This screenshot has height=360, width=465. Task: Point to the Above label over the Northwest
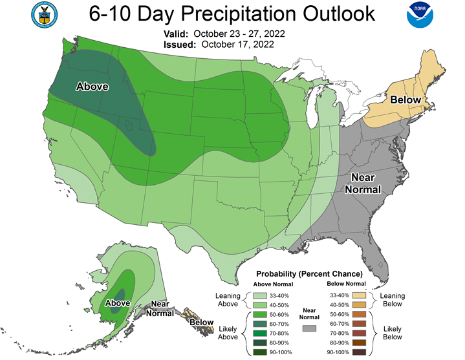tap(92, 87)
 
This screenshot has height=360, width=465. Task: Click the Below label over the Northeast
tap(406, 100)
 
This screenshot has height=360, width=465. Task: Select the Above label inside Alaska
tap(118, 302)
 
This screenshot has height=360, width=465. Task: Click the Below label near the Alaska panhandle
tap(201, 321)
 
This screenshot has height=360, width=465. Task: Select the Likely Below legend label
tap(393, 332)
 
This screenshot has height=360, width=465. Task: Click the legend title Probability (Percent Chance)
tap(309, 274)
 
